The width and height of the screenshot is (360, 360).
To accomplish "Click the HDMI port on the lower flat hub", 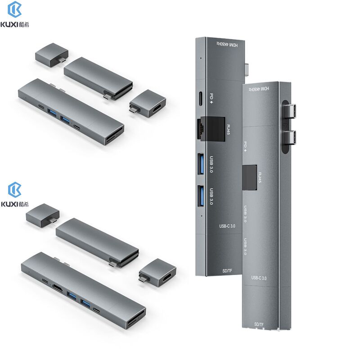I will point(58,287).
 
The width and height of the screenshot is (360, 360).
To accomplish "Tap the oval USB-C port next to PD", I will point(200,97).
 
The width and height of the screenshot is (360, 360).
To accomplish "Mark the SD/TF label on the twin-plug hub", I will point(259,324).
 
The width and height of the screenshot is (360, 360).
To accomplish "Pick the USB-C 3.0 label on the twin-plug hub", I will point(259,278).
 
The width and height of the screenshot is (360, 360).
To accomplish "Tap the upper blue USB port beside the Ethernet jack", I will point(202,161).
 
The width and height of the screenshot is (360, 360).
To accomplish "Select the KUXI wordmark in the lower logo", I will point(10,204).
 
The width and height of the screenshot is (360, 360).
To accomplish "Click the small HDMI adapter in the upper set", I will point(149,102).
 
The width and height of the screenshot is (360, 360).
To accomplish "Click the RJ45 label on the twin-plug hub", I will point(259,175).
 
